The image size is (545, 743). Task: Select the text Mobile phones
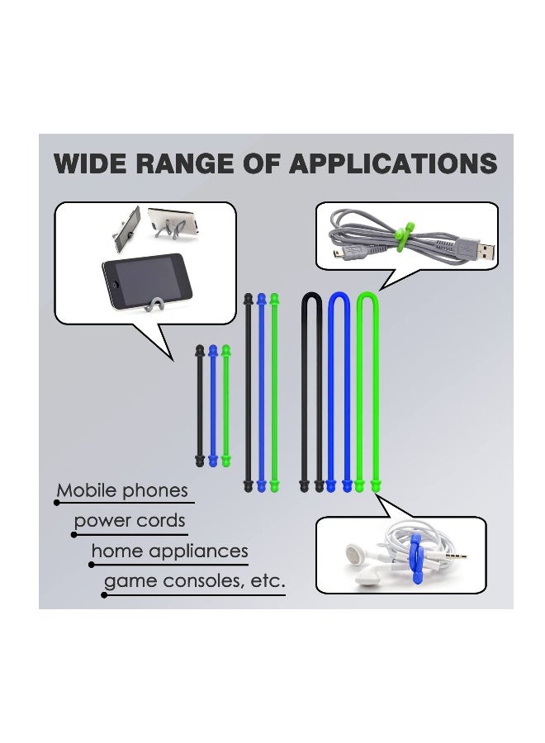122,491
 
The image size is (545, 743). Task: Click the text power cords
130,521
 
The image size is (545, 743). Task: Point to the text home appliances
169,551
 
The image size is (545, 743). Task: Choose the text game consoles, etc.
194,581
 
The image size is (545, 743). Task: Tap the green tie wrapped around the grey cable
403,235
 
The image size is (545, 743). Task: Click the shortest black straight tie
200,405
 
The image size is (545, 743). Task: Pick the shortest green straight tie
226,405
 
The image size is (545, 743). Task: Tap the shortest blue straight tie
213,405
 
